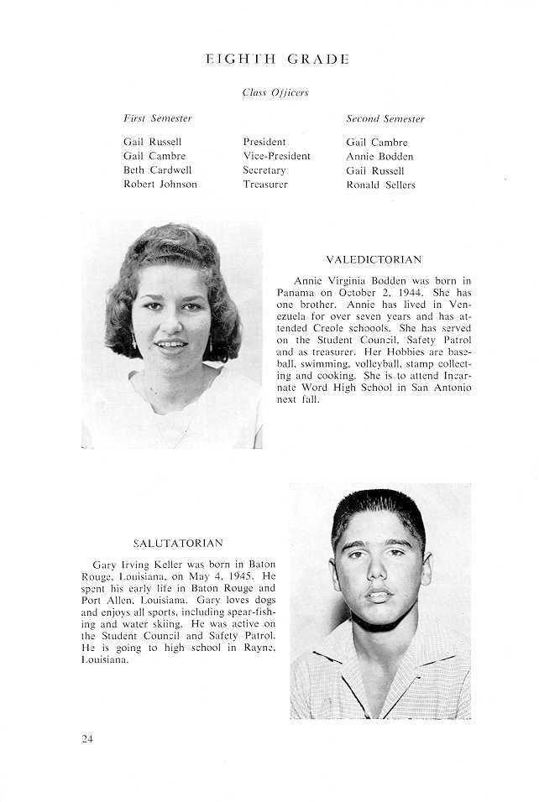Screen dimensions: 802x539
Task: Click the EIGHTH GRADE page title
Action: [276, 60]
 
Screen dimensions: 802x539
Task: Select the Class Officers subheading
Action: [275, 92]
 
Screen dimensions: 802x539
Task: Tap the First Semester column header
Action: [158, 118]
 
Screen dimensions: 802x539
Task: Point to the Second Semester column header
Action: [385, 119]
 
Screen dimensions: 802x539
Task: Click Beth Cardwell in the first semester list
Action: [157, 170]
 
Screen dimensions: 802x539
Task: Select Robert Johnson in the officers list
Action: [160, 185]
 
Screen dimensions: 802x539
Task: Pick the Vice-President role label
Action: [276, 156]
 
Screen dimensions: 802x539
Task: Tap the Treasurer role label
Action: [265, 185]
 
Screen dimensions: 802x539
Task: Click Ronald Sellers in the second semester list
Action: [380, 185]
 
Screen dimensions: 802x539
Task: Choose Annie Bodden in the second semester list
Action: [379, 157]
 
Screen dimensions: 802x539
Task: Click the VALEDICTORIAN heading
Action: [374, 260]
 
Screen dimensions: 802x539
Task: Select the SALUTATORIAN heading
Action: [178, 544]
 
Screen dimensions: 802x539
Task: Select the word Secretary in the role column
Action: [264, 170]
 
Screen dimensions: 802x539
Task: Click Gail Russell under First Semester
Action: [152, 143]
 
